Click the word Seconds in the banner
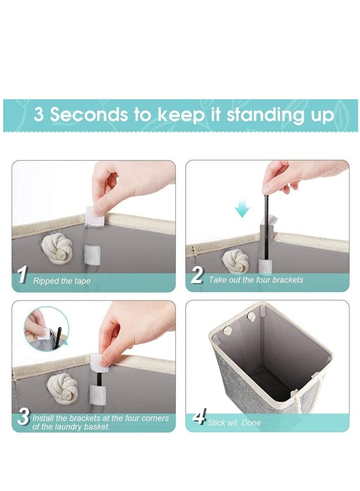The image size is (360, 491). point(89,114)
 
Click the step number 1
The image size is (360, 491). point(22,275)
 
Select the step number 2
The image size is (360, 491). point(197,275)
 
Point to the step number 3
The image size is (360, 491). point(23,417)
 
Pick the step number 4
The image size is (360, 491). point(199,416)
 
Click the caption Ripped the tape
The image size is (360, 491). point(62,281)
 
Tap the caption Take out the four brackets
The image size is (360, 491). point(256,279)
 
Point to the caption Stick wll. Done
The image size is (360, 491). point(234,423)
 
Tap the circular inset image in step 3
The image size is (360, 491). point(46,329)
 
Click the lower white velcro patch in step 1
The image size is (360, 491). point(92,255)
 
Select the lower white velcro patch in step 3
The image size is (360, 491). point(97,394)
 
